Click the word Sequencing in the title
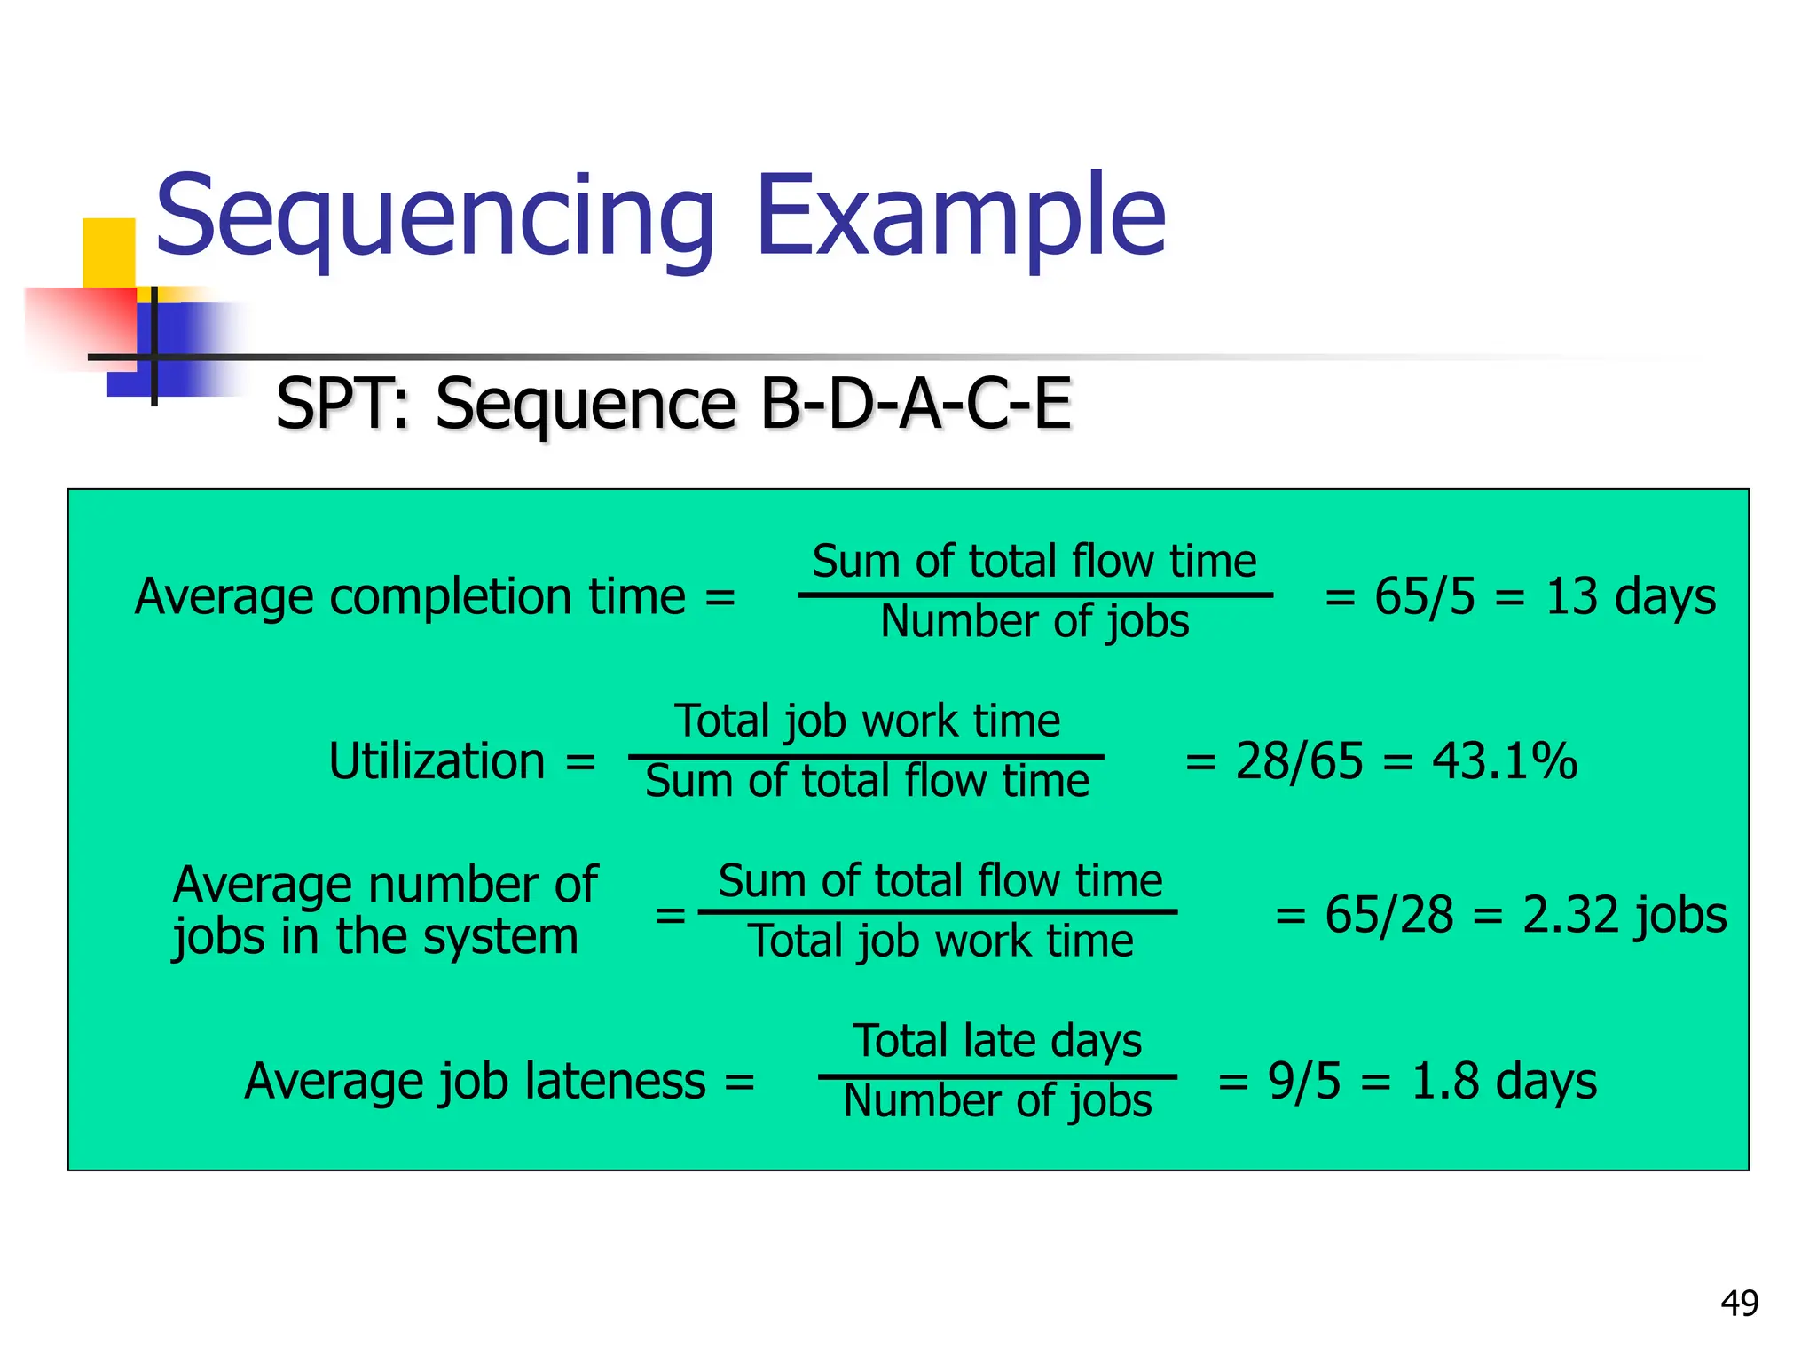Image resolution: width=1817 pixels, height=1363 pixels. [435, 217]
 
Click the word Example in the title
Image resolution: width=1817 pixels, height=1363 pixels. [960, 217]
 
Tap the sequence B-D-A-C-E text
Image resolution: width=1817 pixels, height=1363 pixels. [916, 404]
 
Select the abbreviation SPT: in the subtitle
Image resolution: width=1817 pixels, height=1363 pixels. [342, 404]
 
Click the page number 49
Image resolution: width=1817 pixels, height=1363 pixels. [1739, 1304]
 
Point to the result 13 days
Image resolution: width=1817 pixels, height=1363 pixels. [1631, 596]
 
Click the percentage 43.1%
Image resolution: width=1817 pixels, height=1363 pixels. [1505, 761]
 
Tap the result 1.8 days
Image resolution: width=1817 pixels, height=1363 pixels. [1504, 1081]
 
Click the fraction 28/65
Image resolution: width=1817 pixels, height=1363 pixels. [1299, 761]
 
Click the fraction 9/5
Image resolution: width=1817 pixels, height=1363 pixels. [1304, 1081]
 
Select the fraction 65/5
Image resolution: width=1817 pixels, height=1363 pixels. [1425, 596]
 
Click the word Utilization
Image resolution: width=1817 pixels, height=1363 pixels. [437, 761]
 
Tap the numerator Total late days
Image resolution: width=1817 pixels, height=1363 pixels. [997, 1040]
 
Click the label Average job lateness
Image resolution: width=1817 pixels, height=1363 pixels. [476, 1081]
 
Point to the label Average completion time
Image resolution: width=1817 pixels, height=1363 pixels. [410, 596]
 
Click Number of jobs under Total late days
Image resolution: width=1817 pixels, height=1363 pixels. [997, 1101]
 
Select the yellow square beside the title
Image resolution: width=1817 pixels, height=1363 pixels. [108, 252]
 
